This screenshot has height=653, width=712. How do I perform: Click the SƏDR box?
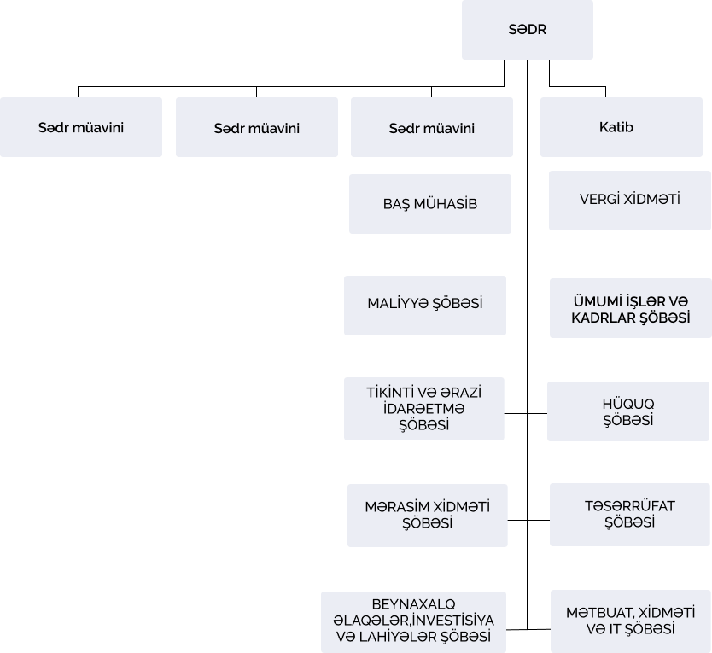[x=527, y=30]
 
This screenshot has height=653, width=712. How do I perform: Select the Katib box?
[x=616, y=127]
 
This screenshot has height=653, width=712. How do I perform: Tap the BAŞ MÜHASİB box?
[x=429, y=204]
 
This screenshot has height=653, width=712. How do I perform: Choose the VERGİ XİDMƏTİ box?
[x=629, y=200]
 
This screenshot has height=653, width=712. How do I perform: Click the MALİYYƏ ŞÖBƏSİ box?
[x=424, y=304]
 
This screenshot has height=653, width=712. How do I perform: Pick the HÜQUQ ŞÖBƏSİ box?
[x=628, y=411]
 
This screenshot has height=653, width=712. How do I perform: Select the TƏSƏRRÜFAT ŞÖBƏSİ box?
[x=629, y=515]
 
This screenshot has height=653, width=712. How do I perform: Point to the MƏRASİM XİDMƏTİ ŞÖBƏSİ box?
[x=427, y=515]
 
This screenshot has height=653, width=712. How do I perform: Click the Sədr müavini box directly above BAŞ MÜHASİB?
[x=431, y=128]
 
